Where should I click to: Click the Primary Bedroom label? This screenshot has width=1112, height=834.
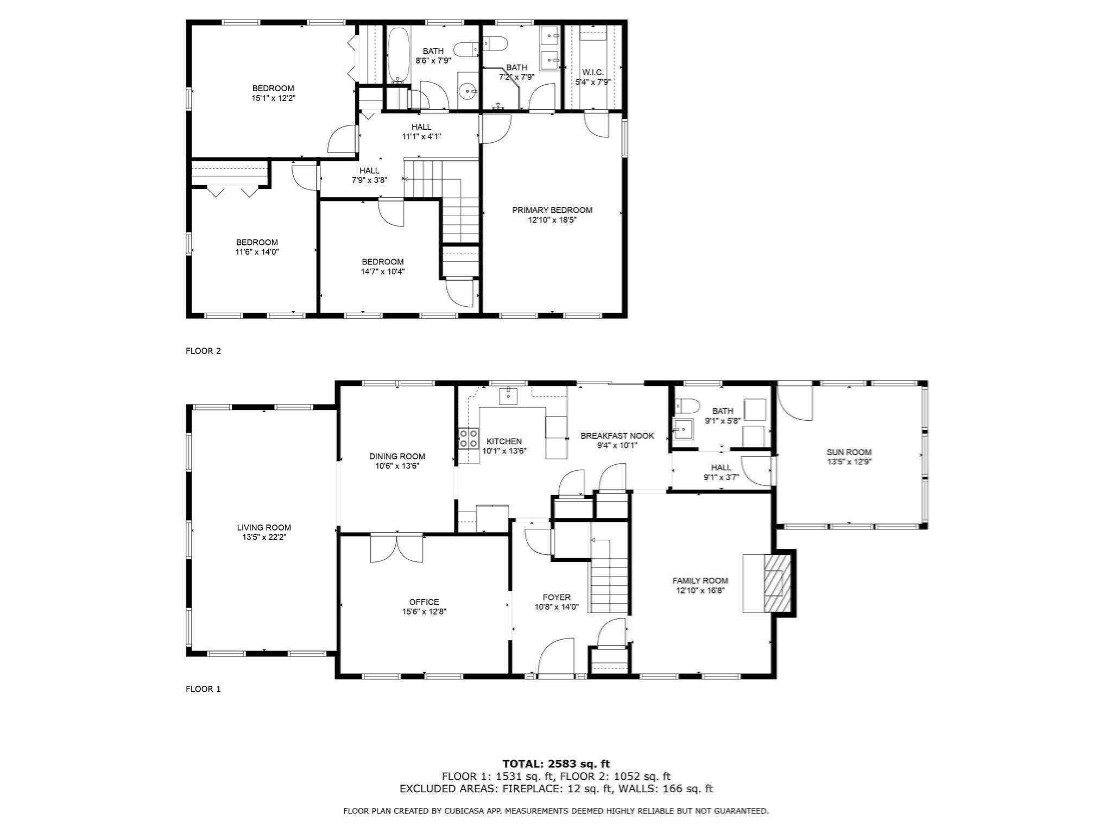pos(552,210)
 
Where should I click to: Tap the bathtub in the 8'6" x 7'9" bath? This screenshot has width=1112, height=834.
pos(398,54)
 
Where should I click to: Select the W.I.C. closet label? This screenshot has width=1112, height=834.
pos(592,72)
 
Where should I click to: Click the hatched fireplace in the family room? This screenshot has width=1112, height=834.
pos(774,583)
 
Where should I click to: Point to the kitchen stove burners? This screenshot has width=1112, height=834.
pos(469,438)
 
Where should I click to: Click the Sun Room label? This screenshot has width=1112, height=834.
pos(849,452)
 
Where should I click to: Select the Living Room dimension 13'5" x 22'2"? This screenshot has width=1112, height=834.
pos(264,537)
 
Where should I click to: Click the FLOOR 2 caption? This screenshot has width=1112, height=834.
pos(203,351)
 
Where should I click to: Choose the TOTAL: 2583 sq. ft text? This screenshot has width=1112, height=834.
pos(555,764)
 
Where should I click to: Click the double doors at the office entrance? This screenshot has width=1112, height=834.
pos(396,548)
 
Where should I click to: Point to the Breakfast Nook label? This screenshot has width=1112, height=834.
pos(617,435)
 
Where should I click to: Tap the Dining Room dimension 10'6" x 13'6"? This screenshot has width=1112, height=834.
pos(397,466)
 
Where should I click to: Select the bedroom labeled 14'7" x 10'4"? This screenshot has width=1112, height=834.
pos(382,262)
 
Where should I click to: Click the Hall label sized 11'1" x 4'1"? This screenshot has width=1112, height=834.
pos(421,127)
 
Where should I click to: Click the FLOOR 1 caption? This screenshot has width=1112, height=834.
pos(203,689)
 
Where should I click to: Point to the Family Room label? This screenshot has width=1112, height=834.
pos(700,580)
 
